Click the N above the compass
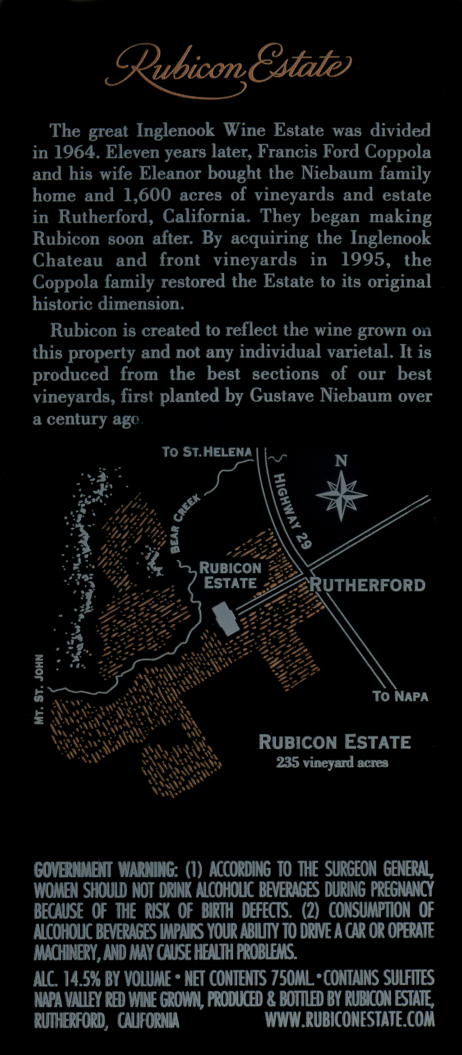point(342,461)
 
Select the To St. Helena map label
point(207,451)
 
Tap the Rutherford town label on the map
point(368,585)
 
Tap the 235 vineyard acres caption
point(332,763)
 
